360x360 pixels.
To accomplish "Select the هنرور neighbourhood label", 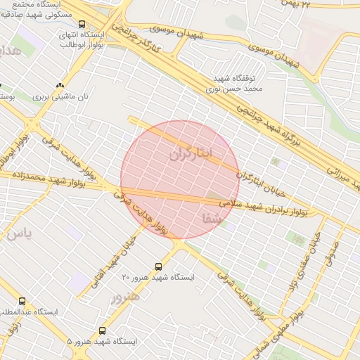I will (x=126, y=297).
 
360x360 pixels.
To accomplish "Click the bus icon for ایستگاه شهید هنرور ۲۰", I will (x=158, y=266).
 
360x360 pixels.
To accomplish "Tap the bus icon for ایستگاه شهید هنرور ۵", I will (x=103, y=330).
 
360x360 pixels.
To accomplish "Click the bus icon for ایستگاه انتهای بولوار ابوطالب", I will (x=83, y=24).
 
